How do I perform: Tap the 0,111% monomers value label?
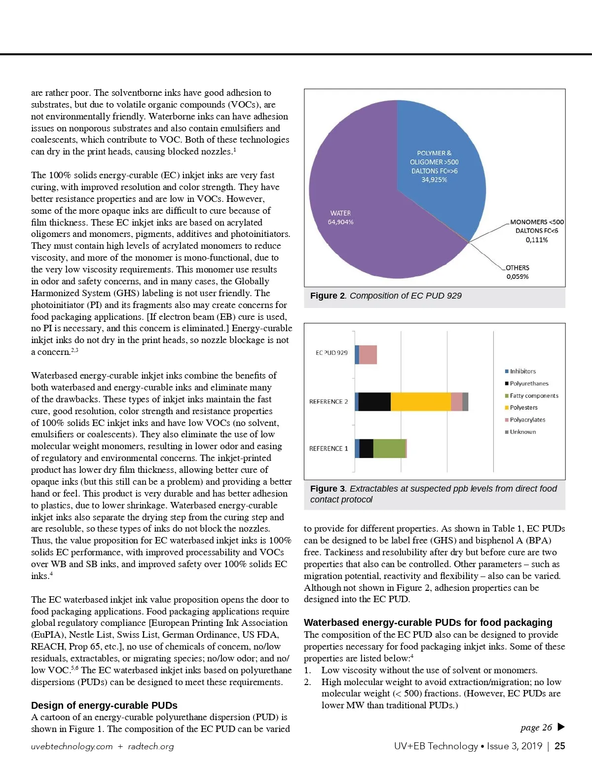point(537,240)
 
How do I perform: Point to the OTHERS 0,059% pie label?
point(517,272)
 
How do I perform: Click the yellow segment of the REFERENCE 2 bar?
point(420,402)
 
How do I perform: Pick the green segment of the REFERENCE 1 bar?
point(389,448)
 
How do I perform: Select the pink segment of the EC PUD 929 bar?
point(368,355)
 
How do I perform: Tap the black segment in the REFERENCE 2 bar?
point(374,402)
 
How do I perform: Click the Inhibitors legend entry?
point(522,371)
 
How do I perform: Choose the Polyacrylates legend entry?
point(527,420)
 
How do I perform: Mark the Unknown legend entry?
point(522,432)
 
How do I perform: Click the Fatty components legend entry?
point(534,395)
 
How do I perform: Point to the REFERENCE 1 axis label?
point(329,449)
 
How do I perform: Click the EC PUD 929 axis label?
point(332,353)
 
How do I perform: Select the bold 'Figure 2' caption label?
point(328,296)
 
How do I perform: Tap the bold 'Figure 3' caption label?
point(328,489)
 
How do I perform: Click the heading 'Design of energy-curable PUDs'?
point(104,705)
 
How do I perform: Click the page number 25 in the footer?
point(560,746)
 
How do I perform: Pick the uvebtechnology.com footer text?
point(72,746)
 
